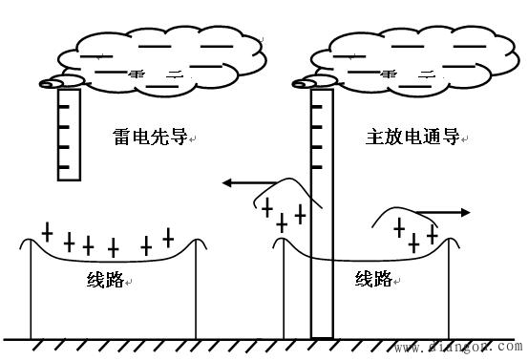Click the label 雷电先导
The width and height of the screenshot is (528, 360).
point(151,138)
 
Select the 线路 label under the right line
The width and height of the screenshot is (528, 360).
point(374,279)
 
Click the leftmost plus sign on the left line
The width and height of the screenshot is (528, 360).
point(47,231)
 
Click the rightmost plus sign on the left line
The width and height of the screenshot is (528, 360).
point(169,236)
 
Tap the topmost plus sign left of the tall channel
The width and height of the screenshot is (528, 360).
point(268,207)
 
